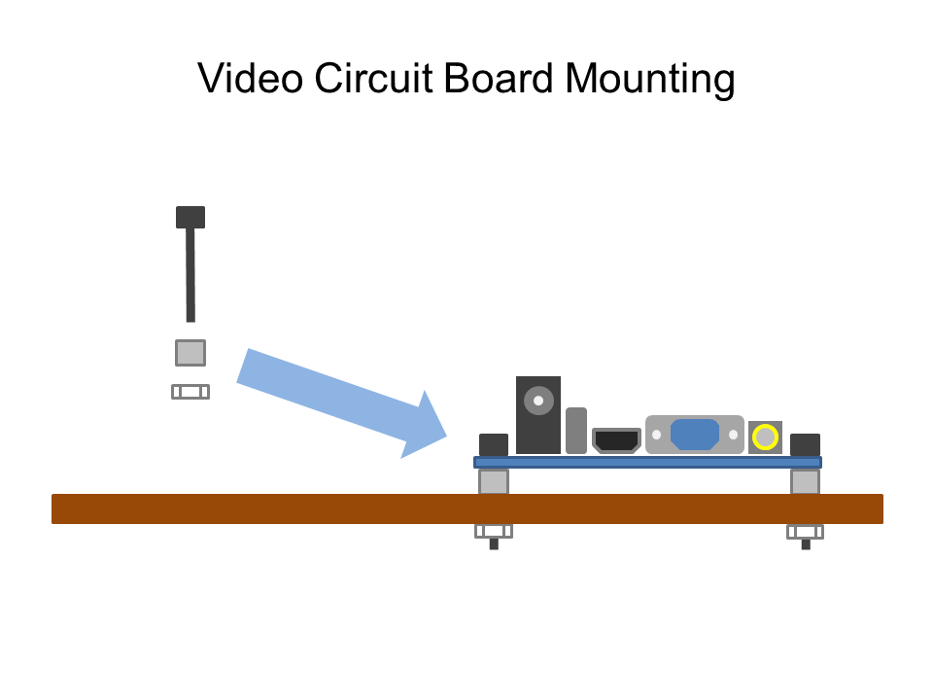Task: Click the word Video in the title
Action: click(250, 78)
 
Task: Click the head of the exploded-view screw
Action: click(190, 217)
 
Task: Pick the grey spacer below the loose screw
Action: click(190, 352)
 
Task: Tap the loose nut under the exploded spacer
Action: click(190, 392)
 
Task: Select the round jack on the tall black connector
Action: click(538, 401)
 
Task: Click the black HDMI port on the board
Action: click(616, 440)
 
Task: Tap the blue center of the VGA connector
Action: click(694, 434)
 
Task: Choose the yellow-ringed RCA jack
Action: click(766, 437)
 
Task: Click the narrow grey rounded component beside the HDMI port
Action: click(576, 430)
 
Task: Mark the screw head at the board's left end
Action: click(494, 444)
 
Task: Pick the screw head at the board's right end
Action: click(805, 444)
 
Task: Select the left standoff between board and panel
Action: click(494, 481)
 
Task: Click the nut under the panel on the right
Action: click(805, 532)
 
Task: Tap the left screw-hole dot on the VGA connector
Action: click(657, 435)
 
